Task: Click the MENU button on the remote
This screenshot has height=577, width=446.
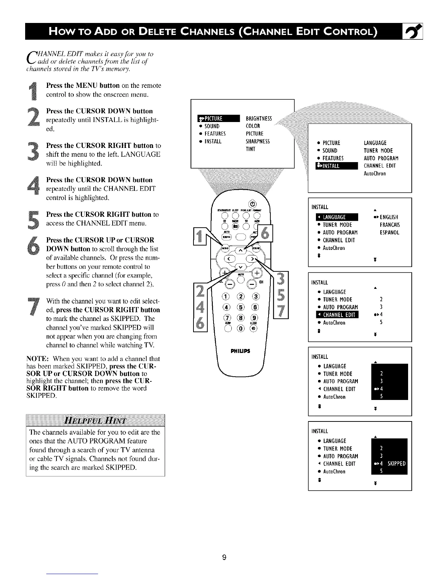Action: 225,248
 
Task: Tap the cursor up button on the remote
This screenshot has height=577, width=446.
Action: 241,251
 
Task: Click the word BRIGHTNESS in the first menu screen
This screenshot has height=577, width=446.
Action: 259,118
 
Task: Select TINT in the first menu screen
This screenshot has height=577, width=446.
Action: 250,149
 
